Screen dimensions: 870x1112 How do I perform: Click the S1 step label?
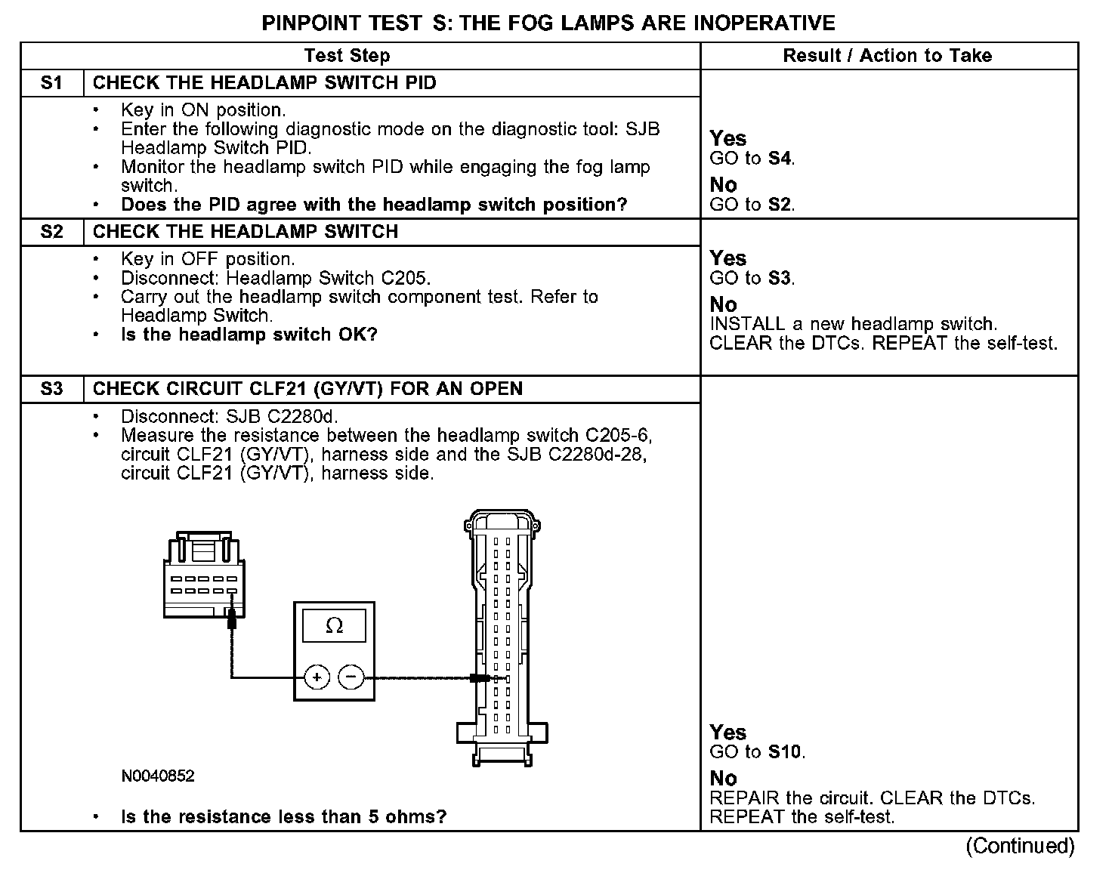tap(51, 83)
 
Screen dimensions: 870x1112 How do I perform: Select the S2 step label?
tap(51, 232)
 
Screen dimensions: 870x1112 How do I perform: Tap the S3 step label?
tap(51, 389)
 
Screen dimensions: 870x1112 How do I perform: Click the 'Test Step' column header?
tap(347, 56)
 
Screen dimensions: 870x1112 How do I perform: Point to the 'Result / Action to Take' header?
tap(887, 56)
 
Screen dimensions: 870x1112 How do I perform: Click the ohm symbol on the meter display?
tap(334, 626)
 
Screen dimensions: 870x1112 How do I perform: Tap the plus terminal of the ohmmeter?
tap(317, 677)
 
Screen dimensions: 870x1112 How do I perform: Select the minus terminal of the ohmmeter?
tap(351, 677)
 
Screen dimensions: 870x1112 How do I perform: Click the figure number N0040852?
tap(157, 776)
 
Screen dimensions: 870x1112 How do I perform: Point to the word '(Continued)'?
tap(1020, 846)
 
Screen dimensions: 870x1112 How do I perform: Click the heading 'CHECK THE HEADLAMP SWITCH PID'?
tap(264, 83)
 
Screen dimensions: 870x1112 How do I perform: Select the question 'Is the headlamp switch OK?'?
tap(249, 335)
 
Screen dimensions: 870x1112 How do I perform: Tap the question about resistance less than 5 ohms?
tap(283, 817)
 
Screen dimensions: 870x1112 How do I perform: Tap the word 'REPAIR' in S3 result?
tap(743, 798)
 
